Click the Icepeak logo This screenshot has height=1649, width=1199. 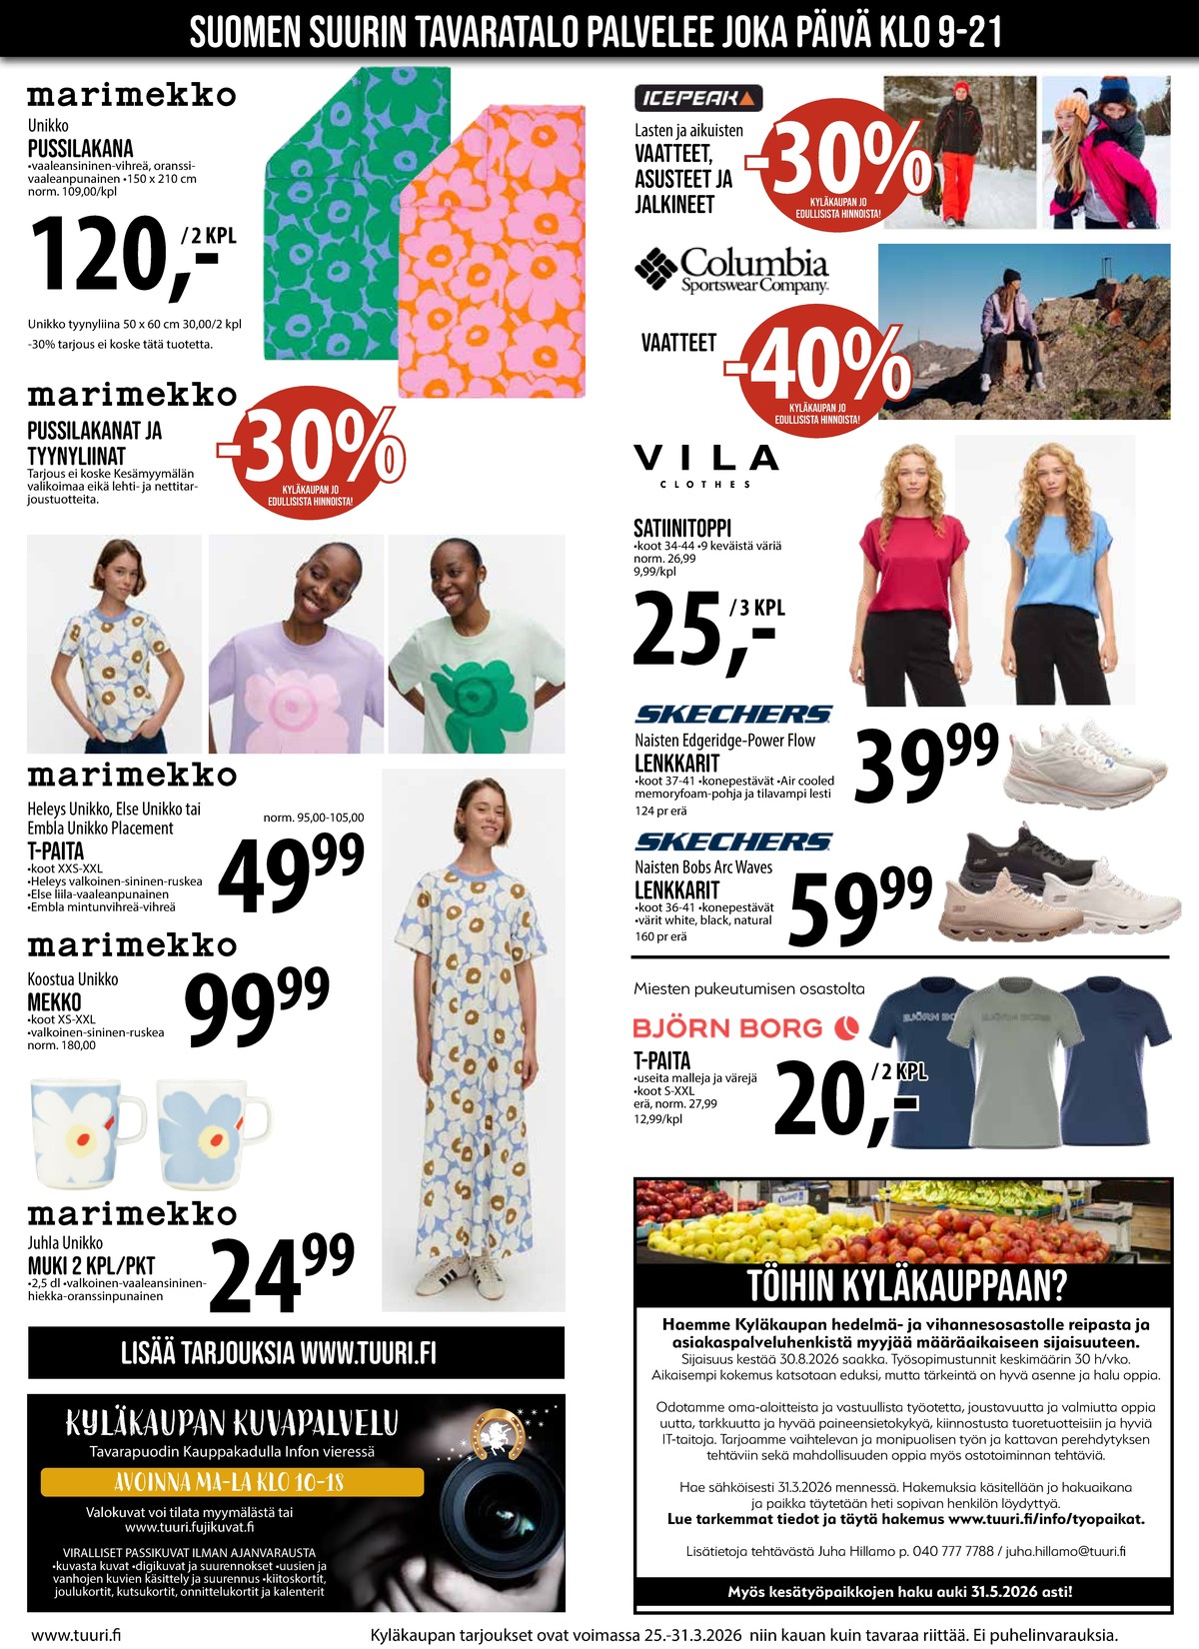(x=698, y=98)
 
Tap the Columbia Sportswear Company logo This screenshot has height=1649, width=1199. (x=733, y=270)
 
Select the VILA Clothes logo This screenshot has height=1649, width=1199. (x=705, y=465)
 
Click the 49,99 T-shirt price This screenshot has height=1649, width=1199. (x=290, y=873)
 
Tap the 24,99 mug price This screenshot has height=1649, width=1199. (x=281, y=1274)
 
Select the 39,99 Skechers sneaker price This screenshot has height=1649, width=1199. (x=926, y=765)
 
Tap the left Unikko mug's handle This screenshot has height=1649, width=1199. (x=133, y=1117)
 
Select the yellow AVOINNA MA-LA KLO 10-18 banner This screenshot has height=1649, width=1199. (x=232, y=1481)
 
